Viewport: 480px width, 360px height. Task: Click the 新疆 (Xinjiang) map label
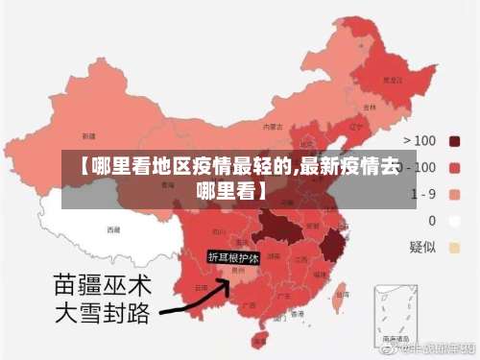coord(88,136)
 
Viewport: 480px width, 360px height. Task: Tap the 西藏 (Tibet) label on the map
coord(113,230)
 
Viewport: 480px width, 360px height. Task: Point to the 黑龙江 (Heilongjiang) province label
coord(392,81)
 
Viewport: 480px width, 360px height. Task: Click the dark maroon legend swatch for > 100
coord(454,141)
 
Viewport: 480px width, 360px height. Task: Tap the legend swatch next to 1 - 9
coord(454,195)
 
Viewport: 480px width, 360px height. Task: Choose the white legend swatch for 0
coord(454,221)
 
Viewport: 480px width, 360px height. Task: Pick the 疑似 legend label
coord(423,247)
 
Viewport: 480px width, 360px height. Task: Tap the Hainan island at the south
coord(257,340)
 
